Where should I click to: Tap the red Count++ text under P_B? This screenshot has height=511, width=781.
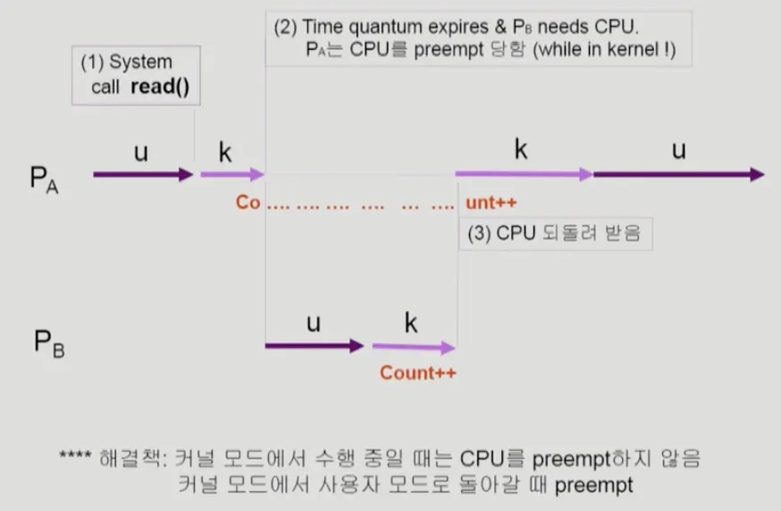pyautogui.click(x=417, y=373)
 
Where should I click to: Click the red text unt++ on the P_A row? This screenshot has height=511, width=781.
pyautogui.click(x=491, y=203)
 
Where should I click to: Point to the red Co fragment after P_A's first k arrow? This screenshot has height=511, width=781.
pyautogui.click(x=248, y=203)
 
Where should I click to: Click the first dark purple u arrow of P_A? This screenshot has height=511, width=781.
pyautogui.click(x=143, y=174)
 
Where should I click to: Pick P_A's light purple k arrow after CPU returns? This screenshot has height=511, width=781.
pyautogui.click(x=524, y=174)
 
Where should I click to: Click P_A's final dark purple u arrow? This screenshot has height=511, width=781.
pyautogui.click(x=679, y=174)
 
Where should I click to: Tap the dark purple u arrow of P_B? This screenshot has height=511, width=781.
pyautogui.click(x=315, y=345)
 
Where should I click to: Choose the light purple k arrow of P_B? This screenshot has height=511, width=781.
pyautogui.click(x=414, y=346)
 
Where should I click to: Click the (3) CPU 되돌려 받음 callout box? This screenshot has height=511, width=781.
pyautogui.click(x=555, y=234)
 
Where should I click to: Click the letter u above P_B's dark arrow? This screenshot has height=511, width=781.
pyautogui.click(x=313, y=323)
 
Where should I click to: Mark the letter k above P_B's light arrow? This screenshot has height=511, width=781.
pyautogui.click(x=411, y=323)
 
